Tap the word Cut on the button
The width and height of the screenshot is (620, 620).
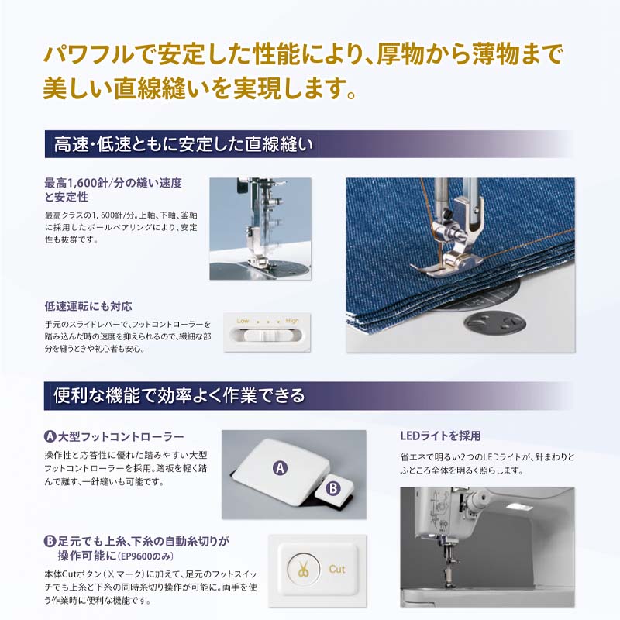337,568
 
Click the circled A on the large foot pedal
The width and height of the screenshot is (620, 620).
280,467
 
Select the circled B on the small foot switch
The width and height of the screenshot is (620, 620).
332,488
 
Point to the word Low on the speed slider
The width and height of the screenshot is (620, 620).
243,320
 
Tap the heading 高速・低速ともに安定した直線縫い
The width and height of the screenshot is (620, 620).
182,144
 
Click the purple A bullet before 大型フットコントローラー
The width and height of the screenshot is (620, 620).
50,437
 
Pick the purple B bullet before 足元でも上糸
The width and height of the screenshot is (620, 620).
50,541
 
